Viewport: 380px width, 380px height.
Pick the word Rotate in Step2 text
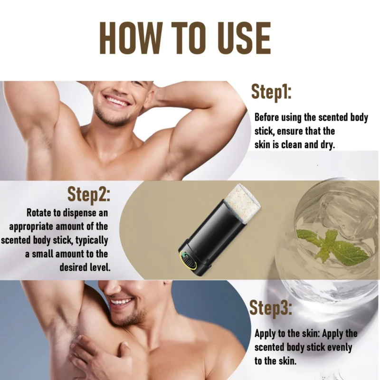[40, 212]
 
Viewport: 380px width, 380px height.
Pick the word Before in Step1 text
[268, 117]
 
